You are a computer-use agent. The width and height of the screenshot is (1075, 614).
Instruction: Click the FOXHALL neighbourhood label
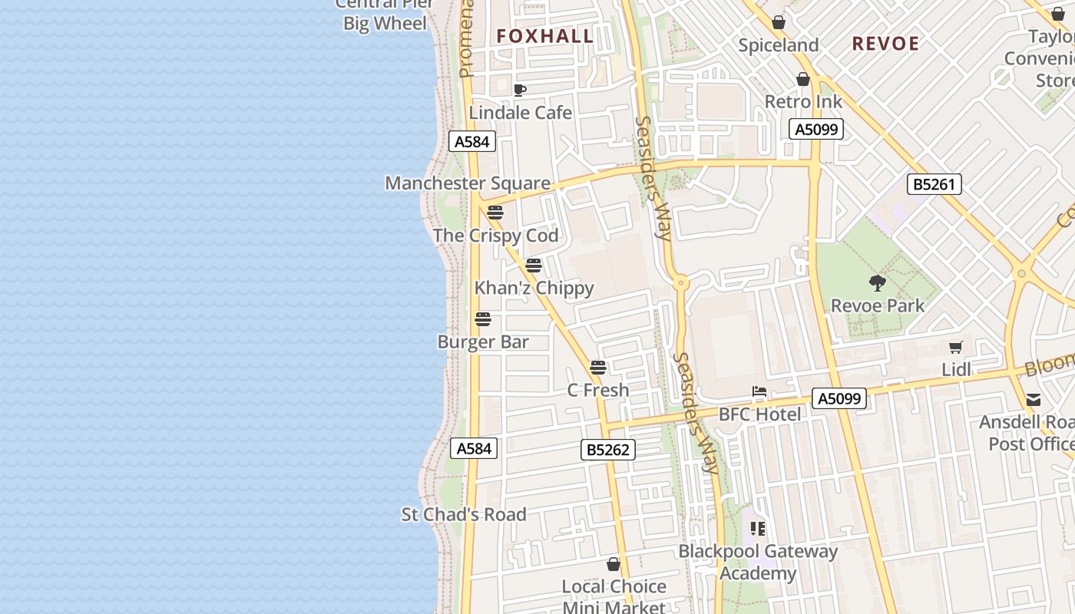pos(544,36)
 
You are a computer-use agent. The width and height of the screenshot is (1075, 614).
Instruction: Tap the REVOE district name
pos(885,44)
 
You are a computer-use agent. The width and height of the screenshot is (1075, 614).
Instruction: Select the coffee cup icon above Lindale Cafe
pos(520,90)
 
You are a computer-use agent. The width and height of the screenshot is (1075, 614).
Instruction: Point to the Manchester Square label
pos(468,183)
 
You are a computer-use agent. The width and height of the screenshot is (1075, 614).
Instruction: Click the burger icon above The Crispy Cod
pos(495,213)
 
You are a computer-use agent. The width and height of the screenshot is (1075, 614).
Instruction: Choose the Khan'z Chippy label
pos(534,288)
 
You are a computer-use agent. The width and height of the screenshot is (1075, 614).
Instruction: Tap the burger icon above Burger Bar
pos(483,319)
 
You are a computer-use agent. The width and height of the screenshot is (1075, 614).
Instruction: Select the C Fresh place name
pos(597,390)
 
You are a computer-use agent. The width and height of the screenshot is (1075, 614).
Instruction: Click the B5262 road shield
pos(608,450)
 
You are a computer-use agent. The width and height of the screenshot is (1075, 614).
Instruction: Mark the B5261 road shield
pos(934,184)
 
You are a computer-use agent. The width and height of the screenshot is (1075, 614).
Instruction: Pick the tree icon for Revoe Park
pos(878,283)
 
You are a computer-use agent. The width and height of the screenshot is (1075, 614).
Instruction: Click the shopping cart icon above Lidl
pos(955,348)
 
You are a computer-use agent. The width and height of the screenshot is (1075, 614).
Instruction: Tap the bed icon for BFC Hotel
pos(759,392)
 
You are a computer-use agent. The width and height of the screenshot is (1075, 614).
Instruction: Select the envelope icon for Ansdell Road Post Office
pos(1034,399)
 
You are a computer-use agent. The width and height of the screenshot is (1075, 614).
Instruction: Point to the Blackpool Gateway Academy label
pos(758,562)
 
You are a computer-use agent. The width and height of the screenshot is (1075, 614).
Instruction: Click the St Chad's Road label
pos(464,514)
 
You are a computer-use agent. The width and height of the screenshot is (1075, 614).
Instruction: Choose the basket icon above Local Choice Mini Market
pos(614,565)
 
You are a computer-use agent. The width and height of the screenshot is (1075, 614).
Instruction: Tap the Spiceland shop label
pos(779,45)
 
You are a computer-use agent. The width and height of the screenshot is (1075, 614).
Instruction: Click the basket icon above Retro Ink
pos(803,79)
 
